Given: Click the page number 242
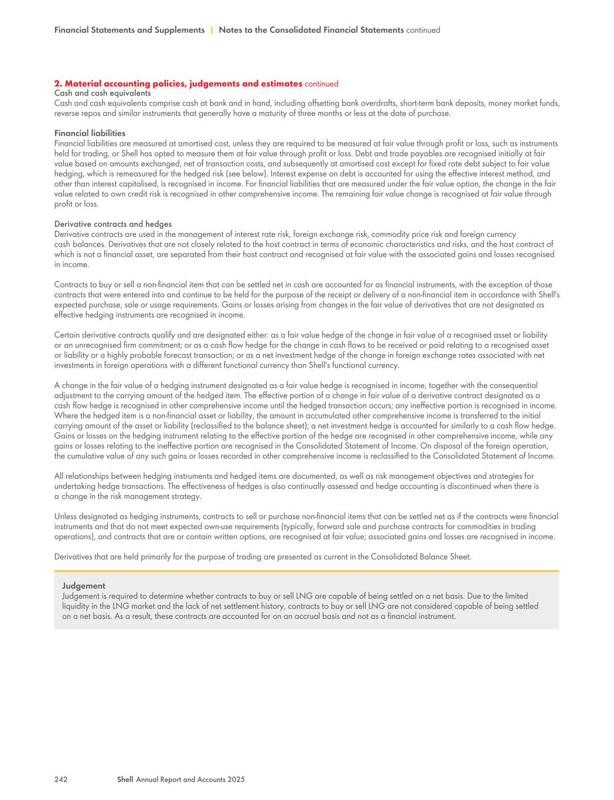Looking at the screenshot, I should (60, 779).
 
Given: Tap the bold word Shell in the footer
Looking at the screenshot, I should (125, 779).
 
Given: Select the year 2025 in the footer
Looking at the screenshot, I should (236, 779).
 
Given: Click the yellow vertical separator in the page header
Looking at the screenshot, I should (212, 30).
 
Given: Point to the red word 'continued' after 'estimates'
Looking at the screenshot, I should (321, 84).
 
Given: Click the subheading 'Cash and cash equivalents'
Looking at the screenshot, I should (102, 93).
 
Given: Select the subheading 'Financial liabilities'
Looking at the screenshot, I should (90, 134).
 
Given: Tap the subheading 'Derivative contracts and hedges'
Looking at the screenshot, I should (112, 224).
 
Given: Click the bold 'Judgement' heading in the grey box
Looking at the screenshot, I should (84, 585).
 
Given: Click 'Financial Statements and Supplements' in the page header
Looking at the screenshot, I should (129, 30).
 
